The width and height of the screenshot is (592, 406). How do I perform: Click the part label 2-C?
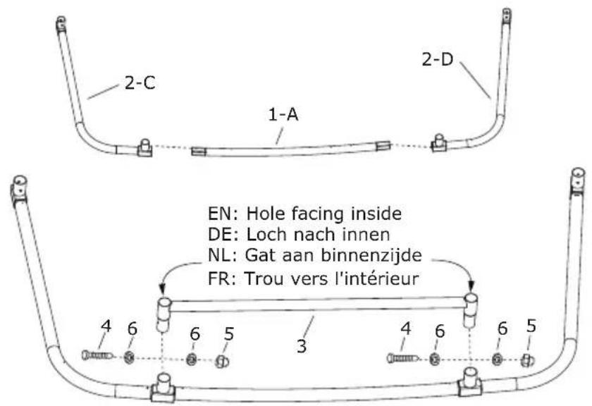[x=140, y=84]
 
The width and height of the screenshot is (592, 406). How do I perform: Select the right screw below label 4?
[x=407, y=359]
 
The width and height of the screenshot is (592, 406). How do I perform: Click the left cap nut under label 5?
[x=221, y=361]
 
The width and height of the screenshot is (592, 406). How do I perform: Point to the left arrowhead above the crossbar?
[x=161, y=289]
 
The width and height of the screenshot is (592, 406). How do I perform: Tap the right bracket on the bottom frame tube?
[x=469, y=385]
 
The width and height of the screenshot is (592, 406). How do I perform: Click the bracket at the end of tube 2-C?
[x=145, y=147]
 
